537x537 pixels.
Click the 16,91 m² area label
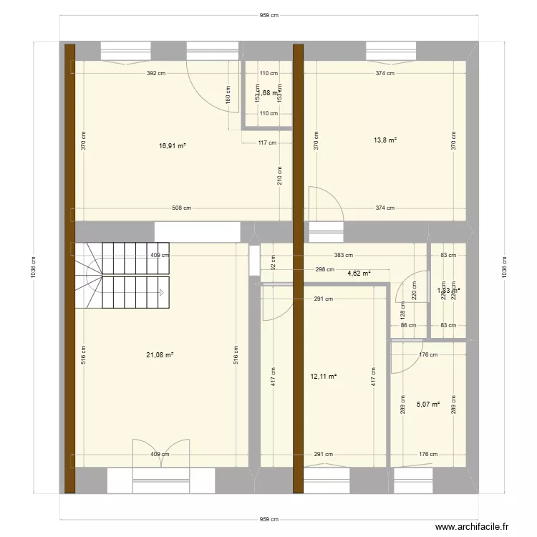click(173, 145)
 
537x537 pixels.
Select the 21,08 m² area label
click(161, 354)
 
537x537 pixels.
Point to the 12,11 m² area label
click(324, 376)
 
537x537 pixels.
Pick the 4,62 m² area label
click(359, 273)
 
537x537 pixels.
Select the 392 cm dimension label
click(156, 73)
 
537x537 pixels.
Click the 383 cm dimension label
click(344, 256)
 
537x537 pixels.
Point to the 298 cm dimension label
click(325, 270)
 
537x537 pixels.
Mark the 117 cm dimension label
click(268, 142)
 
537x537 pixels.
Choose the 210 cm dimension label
click(279, 175)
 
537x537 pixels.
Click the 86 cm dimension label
click(408, 326)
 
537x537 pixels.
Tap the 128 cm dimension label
click(402, 310)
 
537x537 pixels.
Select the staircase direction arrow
click(163, 292)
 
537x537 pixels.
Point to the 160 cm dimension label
click(228, 95)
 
